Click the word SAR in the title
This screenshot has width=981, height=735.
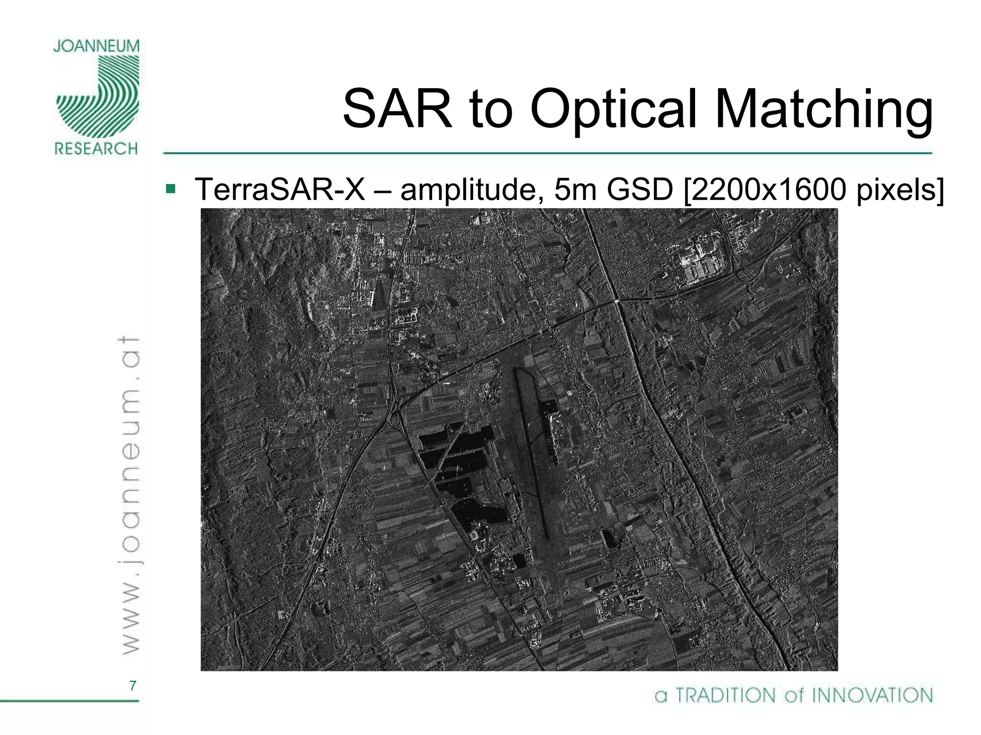pos(397,109)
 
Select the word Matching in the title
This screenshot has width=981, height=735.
pos(823,109)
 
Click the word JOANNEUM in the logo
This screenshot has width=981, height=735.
pos(96,46)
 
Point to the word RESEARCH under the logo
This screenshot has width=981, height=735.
pos(96,149)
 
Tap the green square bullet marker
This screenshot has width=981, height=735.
pos(170,189)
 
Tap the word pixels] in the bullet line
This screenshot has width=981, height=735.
pos(900,189)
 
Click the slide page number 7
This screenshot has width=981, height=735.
pos(133,686)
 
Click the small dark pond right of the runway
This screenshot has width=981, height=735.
pos(608,539)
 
